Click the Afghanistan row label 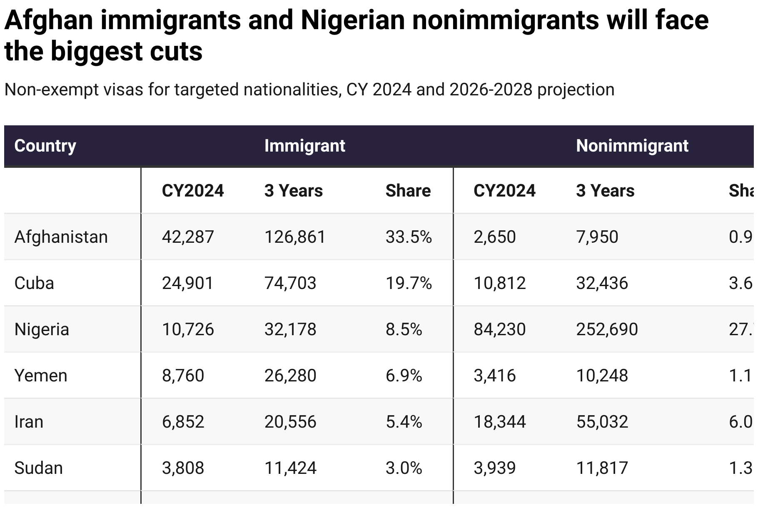(x=61, y=237)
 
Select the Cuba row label (x=34, y=283)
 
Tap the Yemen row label (x=41, y=376)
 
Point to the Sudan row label (x=38, y=468)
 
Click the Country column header (x=45, y=146)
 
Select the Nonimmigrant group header (x=632, y=146)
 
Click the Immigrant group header (x=304, y=146)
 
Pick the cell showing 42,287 (x=187, y=237)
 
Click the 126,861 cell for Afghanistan (x=294, y=237)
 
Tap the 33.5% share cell (x=409, y=237)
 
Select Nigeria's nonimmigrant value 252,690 (x=607, y=329)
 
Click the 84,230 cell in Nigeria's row (x=499, y=329)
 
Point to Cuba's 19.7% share (x=409, y=283)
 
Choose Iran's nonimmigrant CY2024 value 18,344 (x=499, y=422)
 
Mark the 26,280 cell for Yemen (x=290, y=376)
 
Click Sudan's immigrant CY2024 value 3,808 (x=183, y=468)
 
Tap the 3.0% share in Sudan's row (x=404, y=468)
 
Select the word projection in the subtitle (x=576, y=90)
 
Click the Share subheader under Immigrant (x=408, y=191)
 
